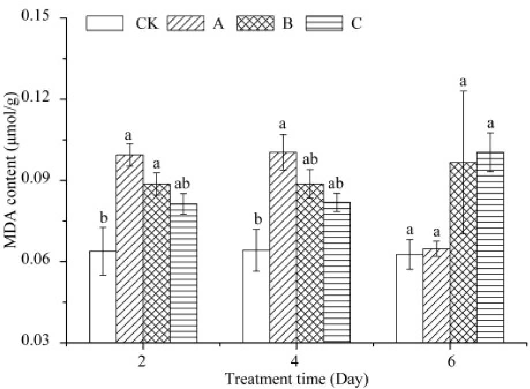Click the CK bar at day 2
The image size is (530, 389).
point(102,297)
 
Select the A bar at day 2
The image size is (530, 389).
point(129,249)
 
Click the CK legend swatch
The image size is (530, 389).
point(105,24)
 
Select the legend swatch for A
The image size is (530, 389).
point(185,24)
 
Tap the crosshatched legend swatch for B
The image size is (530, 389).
point(263,24)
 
